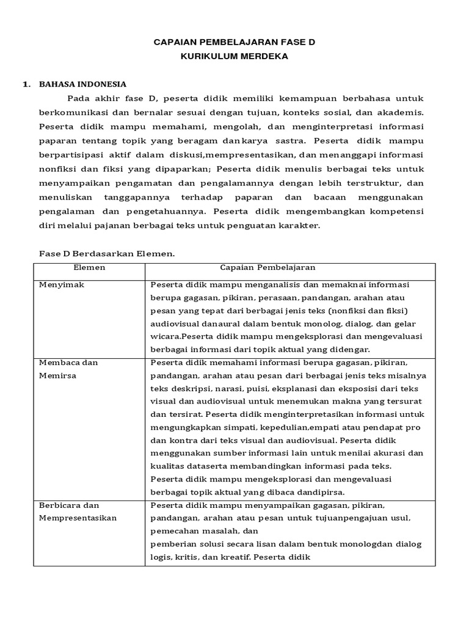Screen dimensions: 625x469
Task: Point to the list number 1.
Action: (x=26, y=84)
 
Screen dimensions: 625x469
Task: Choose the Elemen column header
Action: (x=89, y=268)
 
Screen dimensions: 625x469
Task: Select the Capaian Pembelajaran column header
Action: (x=267, y=268)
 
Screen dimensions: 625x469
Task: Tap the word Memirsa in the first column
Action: (x=58, y=375)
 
